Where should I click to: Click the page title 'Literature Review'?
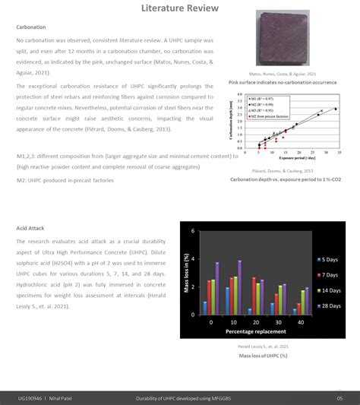180,8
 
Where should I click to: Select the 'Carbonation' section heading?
31,27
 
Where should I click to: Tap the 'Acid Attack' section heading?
31,228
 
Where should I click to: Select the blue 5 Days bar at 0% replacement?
205,307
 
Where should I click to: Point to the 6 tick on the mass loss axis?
193,230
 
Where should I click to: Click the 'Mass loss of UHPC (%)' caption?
263,356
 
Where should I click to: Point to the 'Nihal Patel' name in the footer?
70,398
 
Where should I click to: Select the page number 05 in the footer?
339,398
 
